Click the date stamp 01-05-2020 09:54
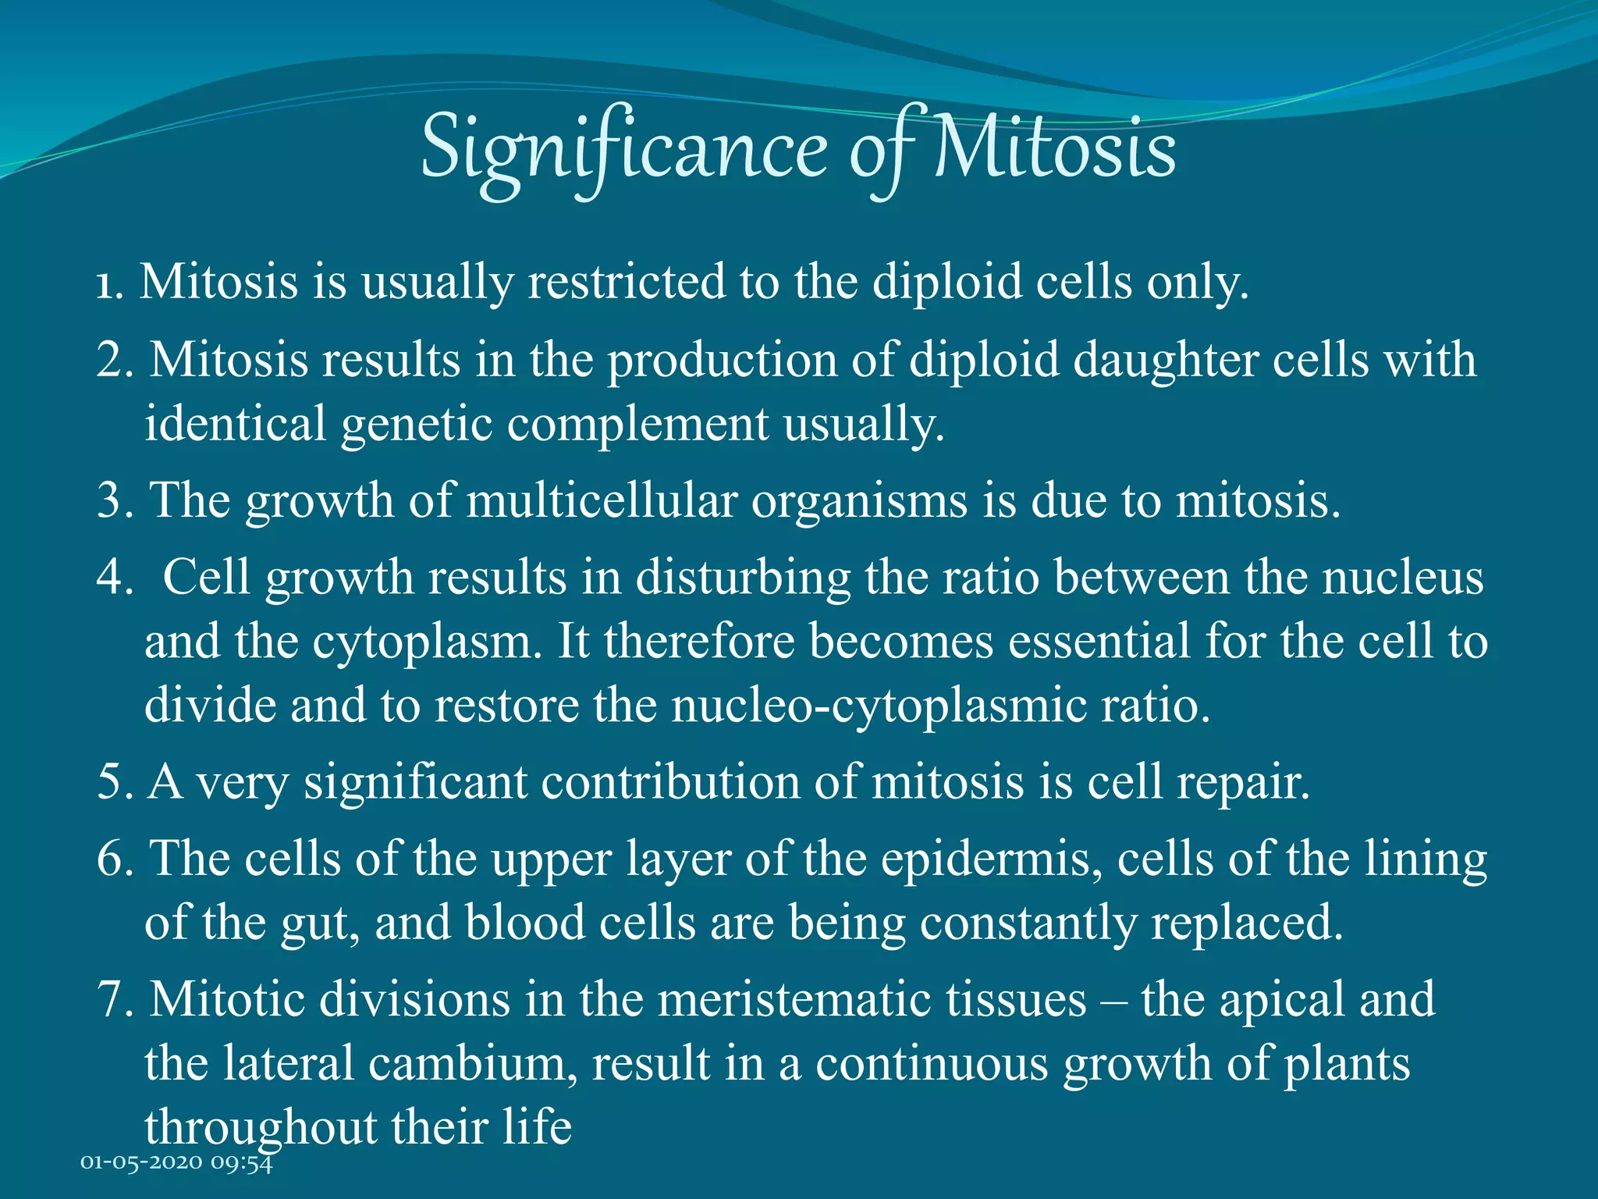tap(177, 1162)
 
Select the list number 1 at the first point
tap(108, 283)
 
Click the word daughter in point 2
tap(1165, 361)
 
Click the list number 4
tap(114, 578)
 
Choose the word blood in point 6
tap(525, 923)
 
